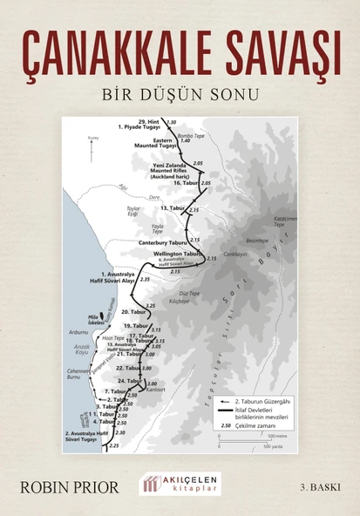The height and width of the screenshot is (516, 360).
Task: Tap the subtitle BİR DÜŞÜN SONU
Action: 180,92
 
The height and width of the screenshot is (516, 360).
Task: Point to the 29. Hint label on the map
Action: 149,122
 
